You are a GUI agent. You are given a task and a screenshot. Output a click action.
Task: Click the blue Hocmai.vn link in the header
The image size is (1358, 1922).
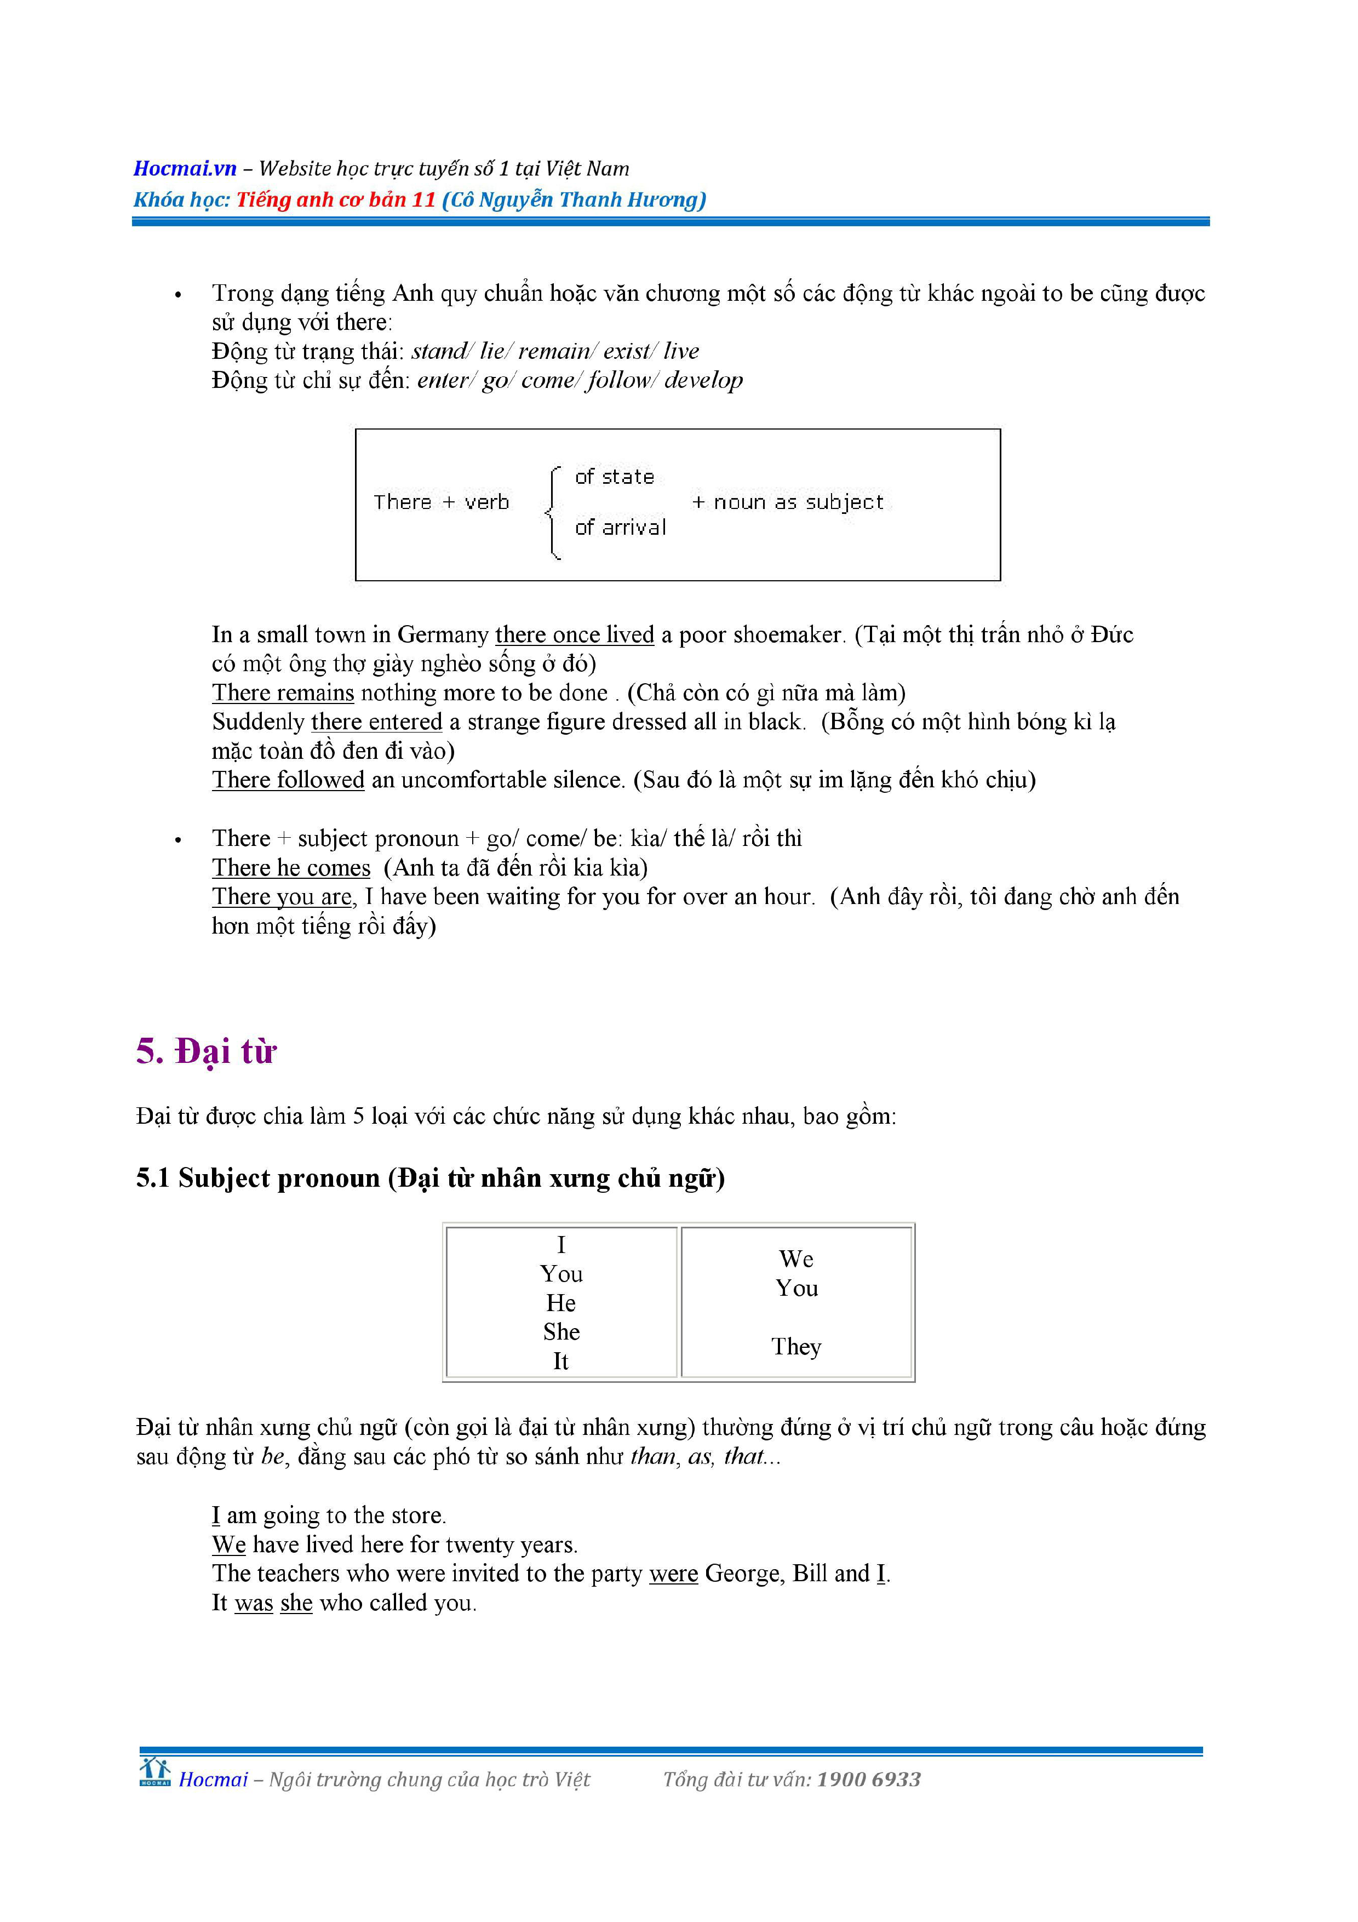[x=185, y=168]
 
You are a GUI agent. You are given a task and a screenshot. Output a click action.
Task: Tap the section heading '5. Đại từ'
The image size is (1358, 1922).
[x=206, y=1051]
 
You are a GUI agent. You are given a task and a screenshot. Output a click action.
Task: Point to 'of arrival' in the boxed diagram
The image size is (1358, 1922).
[x=620, y=528]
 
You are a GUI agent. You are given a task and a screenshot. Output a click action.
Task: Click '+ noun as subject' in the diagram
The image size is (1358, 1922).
[x=787, y=502]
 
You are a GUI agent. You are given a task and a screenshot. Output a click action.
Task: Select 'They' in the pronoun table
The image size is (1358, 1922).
[x=796, y=1346]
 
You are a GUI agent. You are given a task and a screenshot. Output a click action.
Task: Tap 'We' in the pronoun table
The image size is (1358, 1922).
[x=796, y=1259]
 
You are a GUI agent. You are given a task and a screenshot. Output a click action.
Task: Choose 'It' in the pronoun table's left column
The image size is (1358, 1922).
[x=560, y=1361]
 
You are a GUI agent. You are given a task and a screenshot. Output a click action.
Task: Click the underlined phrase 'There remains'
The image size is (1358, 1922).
[x=283, y=693]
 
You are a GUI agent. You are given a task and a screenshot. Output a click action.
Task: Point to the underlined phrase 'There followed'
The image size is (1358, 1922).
[x=288, y=780]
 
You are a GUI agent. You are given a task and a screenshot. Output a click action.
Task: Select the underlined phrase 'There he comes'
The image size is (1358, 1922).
[x=290, y=868]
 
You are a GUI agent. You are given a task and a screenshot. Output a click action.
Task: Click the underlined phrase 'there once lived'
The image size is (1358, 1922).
[x=574, y=634]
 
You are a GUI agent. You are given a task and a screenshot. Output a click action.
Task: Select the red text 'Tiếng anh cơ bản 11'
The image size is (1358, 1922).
[x=335, y=200]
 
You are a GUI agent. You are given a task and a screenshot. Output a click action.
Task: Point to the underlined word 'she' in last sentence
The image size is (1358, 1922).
[x=296, y=1603]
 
